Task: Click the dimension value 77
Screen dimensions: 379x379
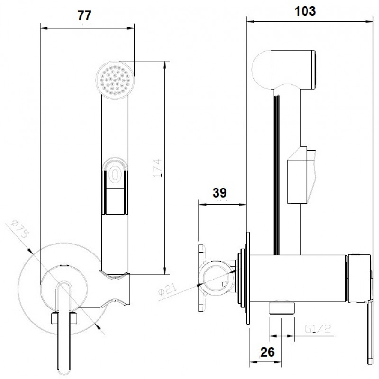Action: (x=84, y=16)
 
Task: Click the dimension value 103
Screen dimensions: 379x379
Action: (x=305, y=11)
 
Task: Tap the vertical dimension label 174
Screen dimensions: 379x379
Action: (x=158, y=168)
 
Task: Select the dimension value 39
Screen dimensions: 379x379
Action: (x=219, y=193)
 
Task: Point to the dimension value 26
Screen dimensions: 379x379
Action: (x=268, y=352)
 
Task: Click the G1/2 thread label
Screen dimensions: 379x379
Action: (x=317, y=329)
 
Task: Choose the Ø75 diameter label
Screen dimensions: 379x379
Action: (x=20, y=229)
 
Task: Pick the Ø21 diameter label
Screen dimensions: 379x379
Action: (x=168, y=289)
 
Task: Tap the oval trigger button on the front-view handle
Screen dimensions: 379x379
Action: (x=114, y=173)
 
